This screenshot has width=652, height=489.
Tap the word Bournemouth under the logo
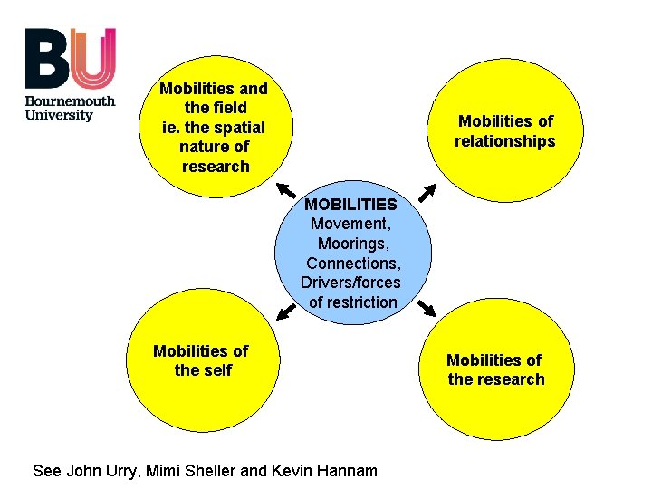click(70, 101)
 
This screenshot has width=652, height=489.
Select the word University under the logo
click(59, 115)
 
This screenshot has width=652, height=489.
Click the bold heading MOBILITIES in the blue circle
click(350, 205)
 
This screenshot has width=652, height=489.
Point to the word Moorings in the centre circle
click(352, 244)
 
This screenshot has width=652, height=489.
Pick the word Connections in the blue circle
click(352, 264)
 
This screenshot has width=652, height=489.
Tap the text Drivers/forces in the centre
click(350, 283)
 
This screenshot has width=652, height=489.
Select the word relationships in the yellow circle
click(504, 141)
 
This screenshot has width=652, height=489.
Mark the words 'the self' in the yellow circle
click(203, 370)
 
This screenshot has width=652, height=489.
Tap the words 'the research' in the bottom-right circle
click(496, 379)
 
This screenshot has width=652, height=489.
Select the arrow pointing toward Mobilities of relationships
click(427, 192)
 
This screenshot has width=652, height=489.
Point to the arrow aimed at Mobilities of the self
click(286, 312)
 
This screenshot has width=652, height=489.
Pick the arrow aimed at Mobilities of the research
click(427, 310)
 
